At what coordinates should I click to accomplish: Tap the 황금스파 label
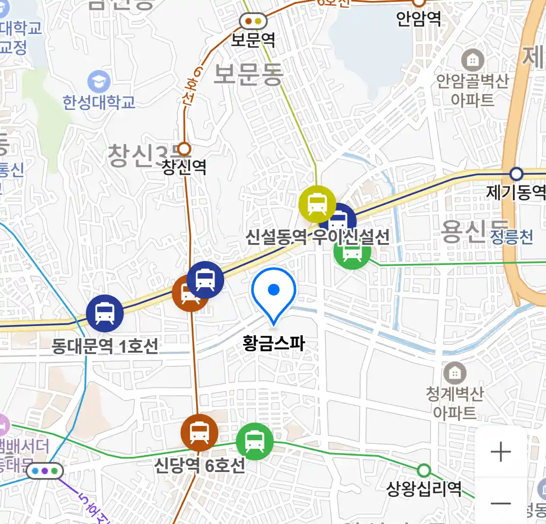[274, 344]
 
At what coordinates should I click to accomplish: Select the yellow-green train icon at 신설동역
[317, 203]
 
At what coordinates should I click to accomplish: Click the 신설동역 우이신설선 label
[317, 237]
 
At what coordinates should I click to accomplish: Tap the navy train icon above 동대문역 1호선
[105, 313]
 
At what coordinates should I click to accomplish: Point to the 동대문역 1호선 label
[105, 346]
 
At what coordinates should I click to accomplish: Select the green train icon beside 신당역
[254, 441]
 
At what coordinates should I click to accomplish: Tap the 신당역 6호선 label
[199, 465]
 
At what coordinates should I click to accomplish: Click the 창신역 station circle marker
[184, 148]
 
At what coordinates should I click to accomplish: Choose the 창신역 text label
[184, 167]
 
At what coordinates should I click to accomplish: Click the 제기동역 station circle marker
[516, 174]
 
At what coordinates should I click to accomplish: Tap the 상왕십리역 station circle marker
[424, 470]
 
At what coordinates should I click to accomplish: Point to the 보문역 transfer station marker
[253, 21]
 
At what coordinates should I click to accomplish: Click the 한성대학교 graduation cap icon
[99, 82]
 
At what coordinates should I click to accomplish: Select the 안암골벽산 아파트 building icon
[472, 61]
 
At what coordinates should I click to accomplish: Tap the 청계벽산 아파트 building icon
[455, 373]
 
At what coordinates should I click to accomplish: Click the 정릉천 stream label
[512, 237]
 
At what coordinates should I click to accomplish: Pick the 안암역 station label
[418, 19]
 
